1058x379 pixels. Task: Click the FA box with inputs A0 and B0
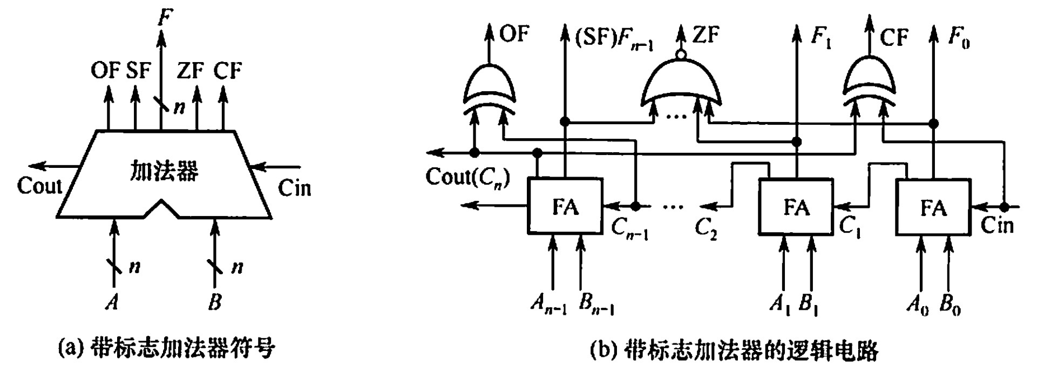pos(933,207)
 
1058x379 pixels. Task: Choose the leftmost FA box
pos(565,207)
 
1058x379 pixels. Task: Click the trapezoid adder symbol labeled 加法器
pos(164,173)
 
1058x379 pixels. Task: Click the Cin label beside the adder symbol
pos(294,188)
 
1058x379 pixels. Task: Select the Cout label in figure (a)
pos(39,186)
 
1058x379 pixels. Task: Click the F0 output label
pos(959,38)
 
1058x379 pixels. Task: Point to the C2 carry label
pos(706,229)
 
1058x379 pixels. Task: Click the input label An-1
pos(548,306)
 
